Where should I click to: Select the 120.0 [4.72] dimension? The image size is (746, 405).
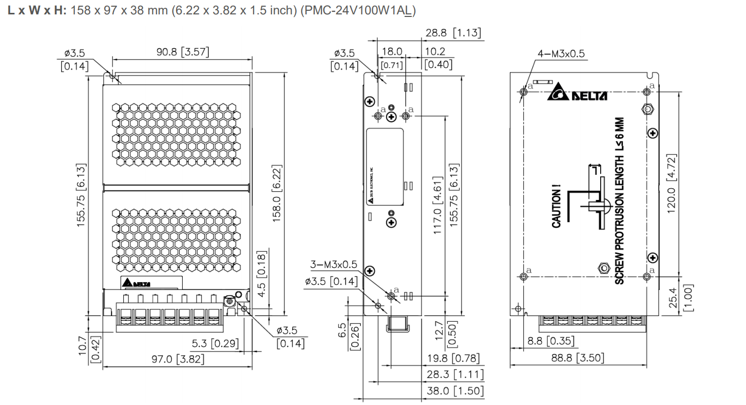677,185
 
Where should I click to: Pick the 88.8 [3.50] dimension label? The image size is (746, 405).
578,358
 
